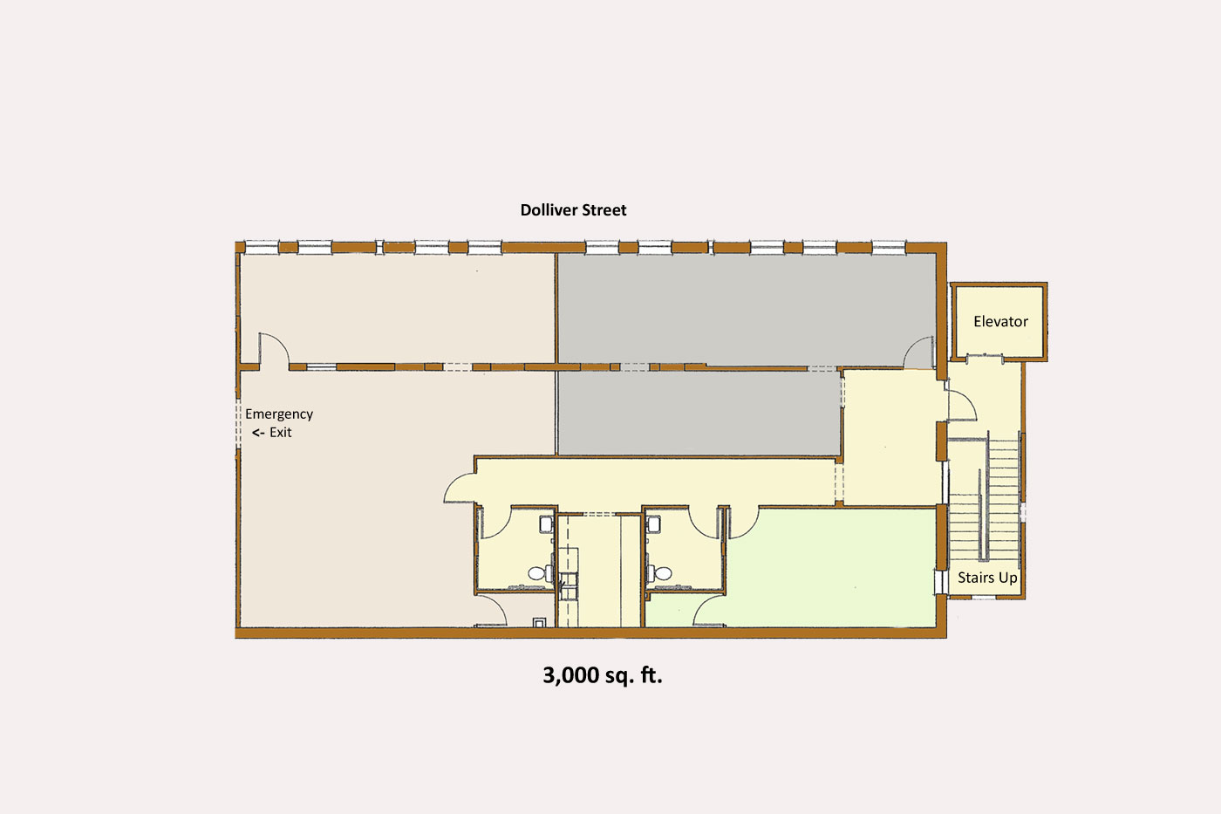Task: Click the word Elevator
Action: coord(1000,322)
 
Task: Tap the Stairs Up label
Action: coord(987,578)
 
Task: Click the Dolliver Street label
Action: coord(573,210)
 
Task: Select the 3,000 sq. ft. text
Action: coord(603,675)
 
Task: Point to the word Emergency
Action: coord(279,414)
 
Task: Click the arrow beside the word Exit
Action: coord(258,433)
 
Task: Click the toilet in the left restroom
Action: coord(538,574)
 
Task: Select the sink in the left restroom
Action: coord(546,523)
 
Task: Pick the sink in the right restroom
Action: coord(652,523)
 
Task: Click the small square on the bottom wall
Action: coord(541,622)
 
